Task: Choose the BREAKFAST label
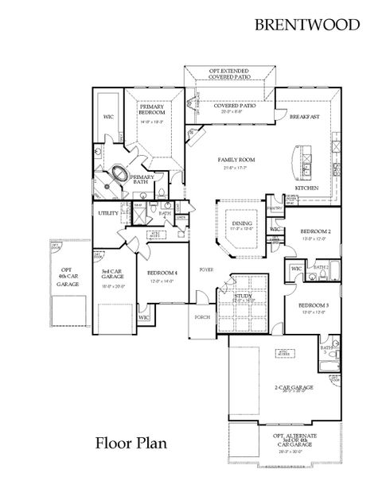304,117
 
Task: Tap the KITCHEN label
307,188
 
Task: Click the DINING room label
242,224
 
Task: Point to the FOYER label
206,270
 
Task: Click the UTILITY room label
108,213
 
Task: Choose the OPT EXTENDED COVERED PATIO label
231,74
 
